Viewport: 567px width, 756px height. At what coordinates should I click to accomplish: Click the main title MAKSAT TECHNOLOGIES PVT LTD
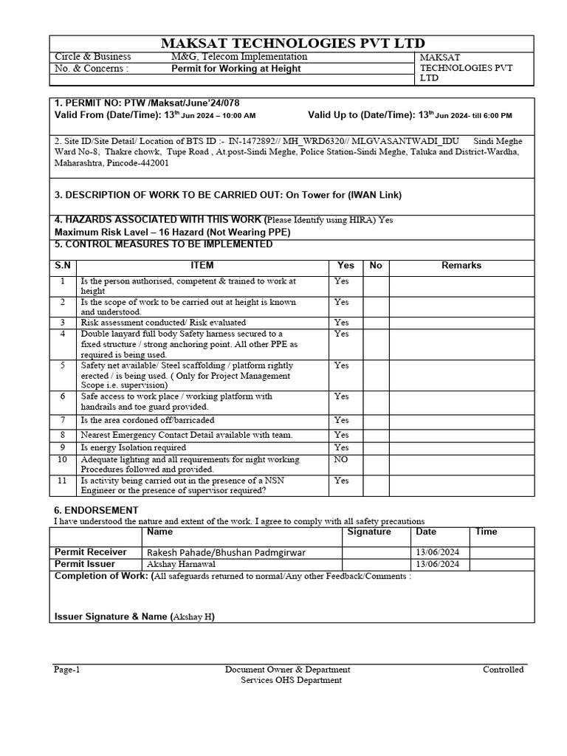(x=293, y=44)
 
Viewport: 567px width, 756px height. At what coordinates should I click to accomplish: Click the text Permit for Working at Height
(x=236, y=69)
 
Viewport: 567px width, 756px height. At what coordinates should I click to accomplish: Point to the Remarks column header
(x=461, y=265)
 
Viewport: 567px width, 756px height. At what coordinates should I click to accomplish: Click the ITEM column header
(x=202, y=265)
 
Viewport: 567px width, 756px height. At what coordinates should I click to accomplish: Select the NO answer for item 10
(x=342, y=459)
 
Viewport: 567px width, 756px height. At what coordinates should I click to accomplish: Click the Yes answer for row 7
(x=341, y=420)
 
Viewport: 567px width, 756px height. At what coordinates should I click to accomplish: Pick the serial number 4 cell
(x=63, y=334)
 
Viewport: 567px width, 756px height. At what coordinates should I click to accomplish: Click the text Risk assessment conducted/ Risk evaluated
(x=163, y=323)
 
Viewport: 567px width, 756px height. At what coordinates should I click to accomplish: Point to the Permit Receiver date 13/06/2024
(x=438, y=552)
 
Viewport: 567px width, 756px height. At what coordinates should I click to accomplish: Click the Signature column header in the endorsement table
(x=369, y=532)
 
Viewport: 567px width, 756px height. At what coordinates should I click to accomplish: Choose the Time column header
(x=487, y=532)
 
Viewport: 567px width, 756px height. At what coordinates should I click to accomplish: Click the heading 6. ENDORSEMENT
(x=96, y=510)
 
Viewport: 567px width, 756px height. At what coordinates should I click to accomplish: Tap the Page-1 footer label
(x=66, y=670)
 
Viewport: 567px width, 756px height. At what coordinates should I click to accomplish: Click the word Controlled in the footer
(x=503, y=670)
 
